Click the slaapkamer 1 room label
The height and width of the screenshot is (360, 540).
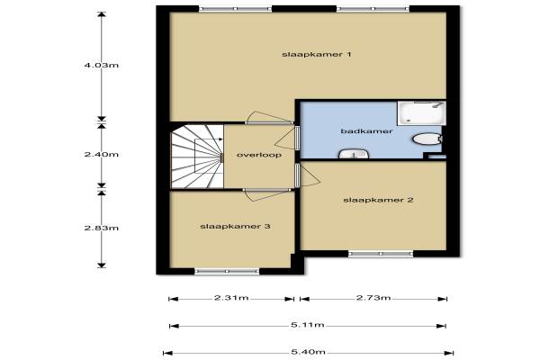317,54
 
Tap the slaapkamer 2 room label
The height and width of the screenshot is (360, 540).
378,200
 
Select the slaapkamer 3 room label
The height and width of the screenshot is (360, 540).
235,226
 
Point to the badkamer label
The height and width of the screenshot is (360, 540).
366,131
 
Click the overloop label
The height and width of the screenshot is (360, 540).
259,155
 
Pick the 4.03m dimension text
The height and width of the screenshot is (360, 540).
101,65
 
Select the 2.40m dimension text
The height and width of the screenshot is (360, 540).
101,154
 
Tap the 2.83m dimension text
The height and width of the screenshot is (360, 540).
101,228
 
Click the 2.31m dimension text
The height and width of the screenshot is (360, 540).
231,298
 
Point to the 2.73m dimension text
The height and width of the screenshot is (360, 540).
373,298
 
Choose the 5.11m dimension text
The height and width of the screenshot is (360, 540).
308,325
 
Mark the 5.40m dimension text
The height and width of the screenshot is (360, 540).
308,352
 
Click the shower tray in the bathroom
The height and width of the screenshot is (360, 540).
421,112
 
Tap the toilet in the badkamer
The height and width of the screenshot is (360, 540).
427,139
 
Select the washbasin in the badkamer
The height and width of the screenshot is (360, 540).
354,154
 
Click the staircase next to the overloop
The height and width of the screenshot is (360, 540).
197,157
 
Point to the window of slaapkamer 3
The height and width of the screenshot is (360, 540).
227,272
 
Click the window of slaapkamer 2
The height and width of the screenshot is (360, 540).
381,254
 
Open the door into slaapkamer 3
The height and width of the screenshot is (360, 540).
267,194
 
